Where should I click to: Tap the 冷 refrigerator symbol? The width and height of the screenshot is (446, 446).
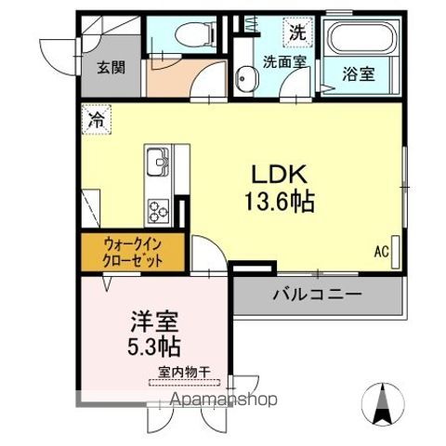96,119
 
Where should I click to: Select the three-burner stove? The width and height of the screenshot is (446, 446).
156,210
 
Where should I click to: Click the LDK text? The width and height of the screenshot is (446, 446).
276,175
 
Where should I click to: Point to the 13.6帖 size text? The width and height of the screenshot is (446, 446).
276,201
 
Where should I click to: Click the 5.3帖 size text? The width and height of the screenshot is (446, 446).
152,348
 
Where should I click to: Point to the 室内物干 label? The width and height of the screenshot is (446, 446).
185,373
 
